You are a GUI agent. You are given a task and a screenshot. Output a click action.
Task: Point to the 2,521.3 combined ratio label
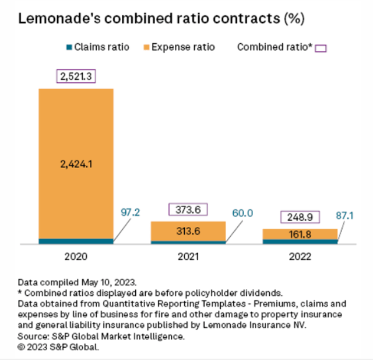click(x=76, y=77)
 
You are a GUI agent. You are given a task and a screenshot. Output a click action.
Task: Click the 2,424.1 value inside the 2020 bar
click(x=76, y=165)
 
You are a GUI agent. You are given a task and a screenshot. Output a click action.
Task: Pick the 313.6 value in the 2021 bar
click(x=188, y=232)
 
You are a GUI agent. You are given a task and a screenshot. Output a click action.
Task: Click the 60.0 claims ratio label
click(x=242, y=213)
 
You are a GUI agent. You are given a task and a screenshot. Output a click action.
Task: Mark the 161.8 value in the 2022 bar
click(x=300, y=234)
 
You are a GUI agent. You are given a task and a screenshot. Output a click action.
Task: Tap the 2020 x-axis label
click(x=76, y=256)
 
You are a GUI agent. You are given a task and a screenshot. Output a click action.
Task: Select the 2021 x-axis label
click(x=188, y=256)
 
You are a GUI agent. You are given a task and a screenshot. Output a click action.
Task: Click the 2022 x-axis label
click(x=300, y=256)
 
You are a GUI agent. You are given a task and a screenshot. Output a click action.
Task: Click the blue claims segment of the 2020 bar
click(x=76, y=241)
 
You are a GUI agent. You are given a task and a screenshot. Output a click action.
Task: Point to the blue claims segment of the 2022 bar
click(x=300, y=242)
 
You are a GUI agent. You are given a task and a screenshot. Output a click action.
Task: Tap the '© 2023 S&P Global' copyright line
click(x=58, y=347)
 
